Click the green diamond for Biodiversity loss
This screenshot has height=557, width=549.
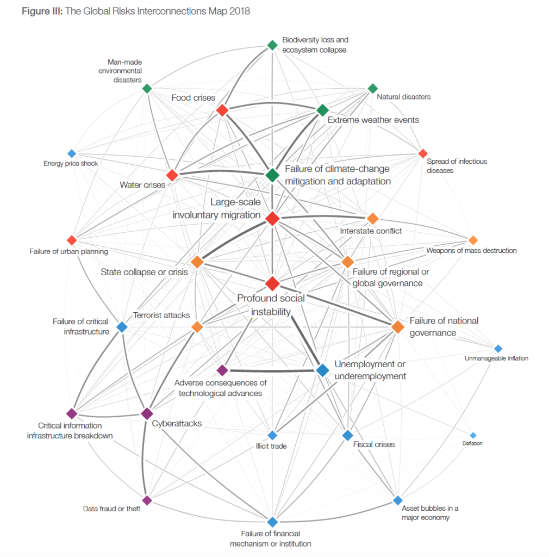272,45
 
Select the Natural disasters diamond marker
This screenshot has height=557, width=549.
373,89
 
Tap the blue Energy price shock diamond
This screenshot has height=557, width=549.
72,153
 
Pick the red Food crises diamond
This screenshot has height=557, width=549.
222,110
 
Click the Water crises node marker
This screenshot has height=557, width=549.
172,175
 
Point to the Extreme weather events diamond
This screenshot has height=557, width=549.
322,110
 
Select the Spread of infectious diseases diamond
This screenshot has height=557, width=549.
423,153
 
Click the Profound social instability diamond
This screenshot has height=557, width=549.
272,283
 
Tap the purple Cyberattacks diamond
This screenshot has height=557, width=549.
147,413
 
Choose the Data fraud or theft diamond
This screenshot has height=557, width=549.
147,500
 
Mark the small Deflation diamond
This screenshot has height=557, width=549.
473,435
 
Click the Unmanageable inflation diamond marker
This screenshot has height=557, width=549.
498,349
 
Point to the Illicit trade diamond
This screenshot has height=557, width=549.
272,435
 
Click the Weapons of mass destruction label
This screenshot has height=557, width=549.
471,250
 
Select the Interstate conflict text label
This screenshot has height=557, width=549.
371,231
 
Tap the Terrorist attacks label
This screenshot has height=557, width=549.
161,315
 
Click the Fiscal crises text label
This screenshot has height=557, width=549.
373,444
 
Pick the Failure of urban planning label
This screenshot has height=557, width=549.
69,251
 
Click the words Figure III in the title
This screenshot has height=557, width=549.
42,11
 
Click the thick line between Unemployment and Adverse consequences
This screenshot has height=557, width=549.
272,370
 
